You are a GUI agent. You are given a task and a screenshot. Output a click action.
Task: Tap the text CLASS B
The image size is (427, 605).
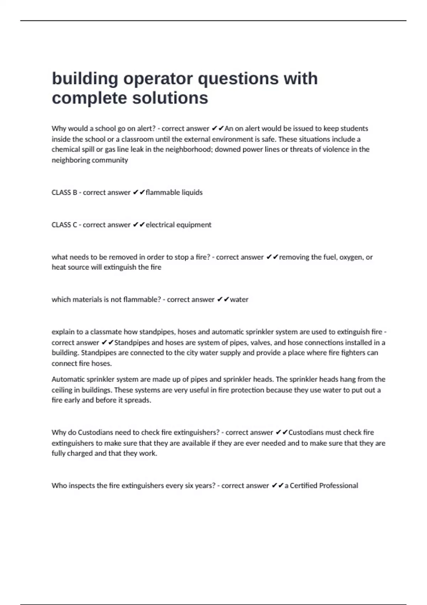(x=64, y=193)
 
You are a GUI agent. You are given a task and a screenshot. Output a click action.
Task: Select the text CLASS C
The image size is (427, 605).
(x=64, y=225)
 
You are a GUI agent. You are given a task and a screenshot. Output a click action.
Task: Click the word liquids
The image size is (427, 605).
(x=192, y=193)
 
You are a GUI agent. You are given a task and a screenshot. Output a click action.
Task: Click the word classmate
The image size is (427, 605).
(x=106, y=332)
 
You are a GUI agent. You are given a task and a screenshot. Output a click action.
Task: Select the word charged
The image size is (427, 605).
(x=80, y=453)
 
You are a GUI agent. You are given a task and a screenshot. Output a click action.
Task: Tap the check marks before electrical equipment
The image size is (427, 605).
(x=138, y=225)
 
